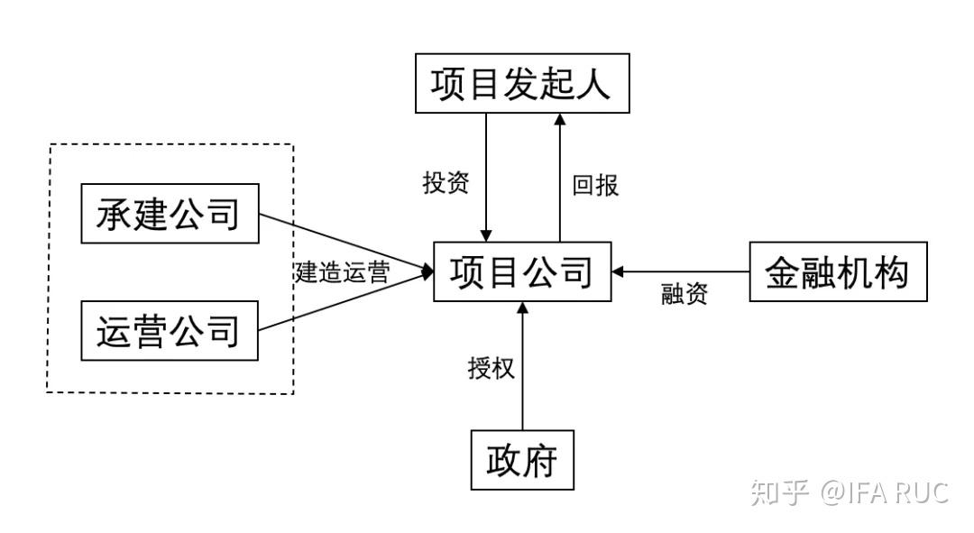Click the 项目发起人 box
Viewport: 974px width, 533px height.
pyautogui.click(x=521, y=84)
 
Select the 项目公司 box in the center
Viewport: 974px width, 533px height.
pyautogui.click(x=521, y=271)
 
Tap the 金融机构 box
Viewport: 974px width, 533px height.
pyautogui.click(x=838, y=271)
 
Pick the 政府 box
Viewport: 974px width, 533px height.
pyautogui.click(x=522, y=460)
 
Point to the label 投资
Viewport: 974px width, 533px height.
pyautogui.click(x=446, y=183)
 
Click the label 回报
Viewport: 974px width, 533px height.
pyautogui.click(x=595, y=185)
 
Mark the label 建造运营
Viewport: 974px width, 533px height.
pyautogui.click(x=342, y=272)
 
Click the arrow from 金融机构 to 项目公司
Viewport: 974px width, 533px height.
pyautogui.click(x=681, y=271)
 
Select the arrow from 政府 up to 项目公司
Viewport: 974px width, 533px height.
pyautogui.click(x=522, y=370)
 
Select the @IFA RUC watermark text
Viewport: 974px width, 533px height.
pyautogui.click(x=885, y=492)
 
